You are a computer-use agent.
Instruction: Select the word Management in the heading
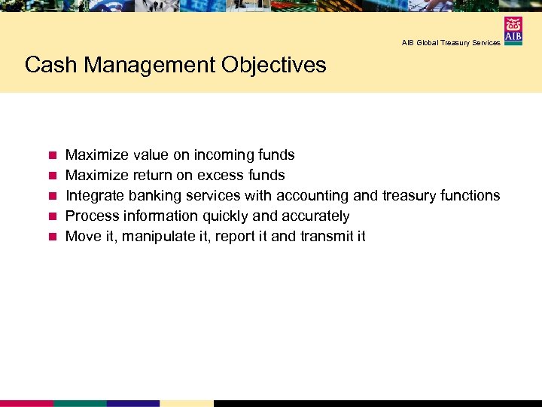[x=150, y=66]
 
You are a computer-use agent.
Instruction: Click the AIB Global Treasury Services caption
[x=451, y=43]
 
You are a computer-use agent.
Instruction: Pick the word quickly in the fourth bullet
[x=225, y=216]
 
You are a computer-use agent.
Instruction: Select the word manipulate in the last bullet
[x=157, y=237]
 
